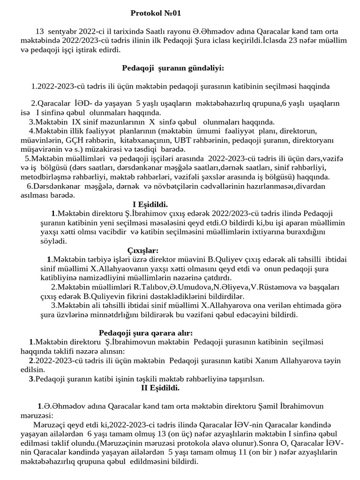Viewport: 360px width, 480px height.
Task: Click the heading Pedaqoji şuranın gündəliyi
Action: pyautogui.click(x=173, y=68)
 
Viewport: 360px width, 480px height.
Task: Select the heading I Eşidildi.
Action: pyautogui.click(x=150, y=204)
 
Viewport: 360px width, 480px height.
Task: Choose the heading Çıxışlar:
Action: pyautogui.click(x=143, y=250)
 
